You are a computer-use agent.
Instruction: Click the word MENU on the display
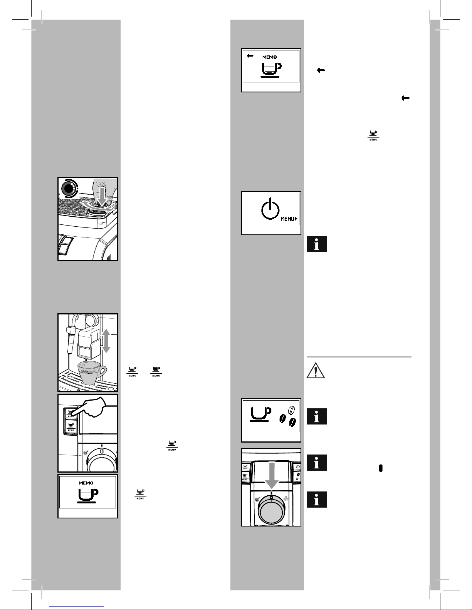(x=287, y=219)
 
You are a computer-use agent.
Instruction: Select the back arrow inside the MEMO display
(x=250, y=56)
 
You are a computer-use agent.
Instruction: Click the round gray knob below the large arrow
(x=271, y=512)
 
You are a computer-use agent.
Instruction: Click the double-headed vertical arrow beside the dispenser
(x=106, y=341)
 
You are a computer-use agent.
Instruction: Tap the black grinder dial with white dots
(x=69, y=189)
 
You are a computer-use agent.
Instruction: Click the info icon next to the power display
(x=316, y=244)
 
